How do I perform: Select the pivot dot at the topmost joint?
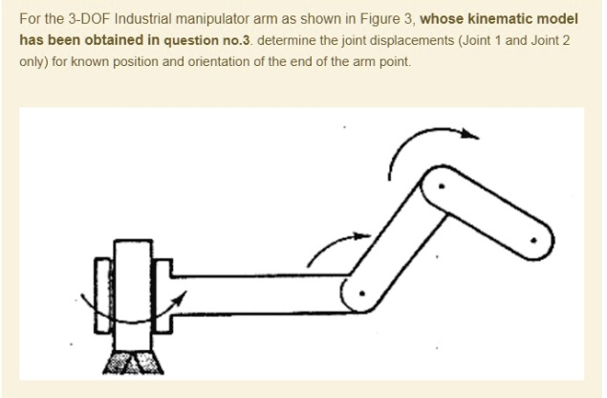440,187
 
